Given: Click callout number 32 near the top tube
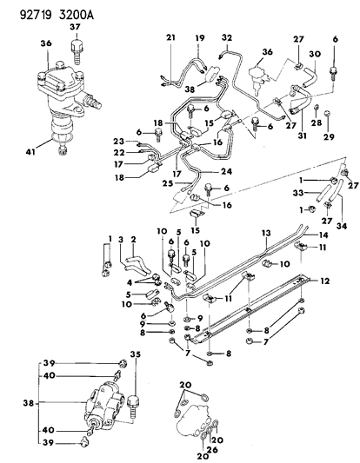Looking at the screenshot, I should coord(227,38).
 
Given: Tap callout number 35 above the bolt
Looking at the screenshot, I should coord(135,354).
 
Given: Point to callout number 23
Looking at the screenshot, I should coord(118,142).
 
